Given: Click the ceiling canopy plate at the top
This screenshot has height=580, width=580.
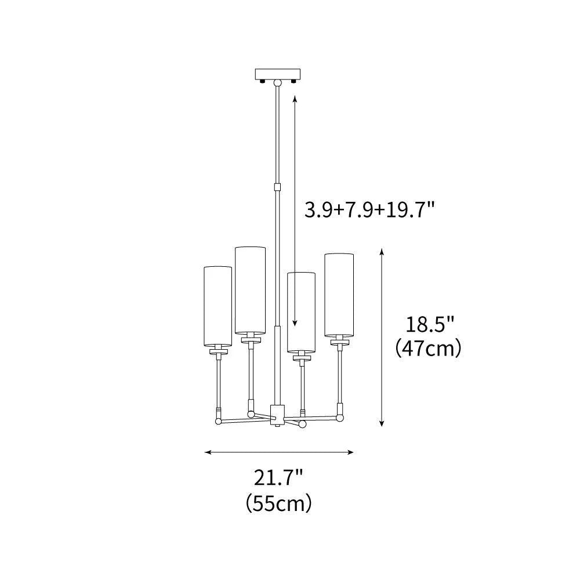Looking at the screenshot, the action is (278, 74).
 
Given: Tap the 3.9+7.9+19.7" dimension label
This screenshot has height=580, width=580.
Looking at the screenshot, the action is (368, 210).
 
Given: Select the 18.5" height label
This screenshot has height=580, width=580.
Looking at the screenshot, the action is (430, 325).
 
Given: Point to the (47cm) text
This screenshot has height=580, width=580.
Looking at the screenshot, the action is (429, 348).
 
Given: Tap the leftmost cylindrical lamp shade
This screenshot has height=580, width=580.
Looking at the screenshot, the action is (218, 306).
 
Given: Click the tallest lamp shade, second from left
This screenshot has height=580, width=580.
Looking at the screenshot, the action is (250, 290).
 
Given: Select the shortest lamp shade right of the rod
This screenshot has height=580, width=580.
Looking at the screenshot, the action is (302, 312).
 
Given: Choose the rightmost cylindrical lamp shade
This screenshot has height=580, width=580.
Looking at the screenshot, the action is (339, 295).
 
